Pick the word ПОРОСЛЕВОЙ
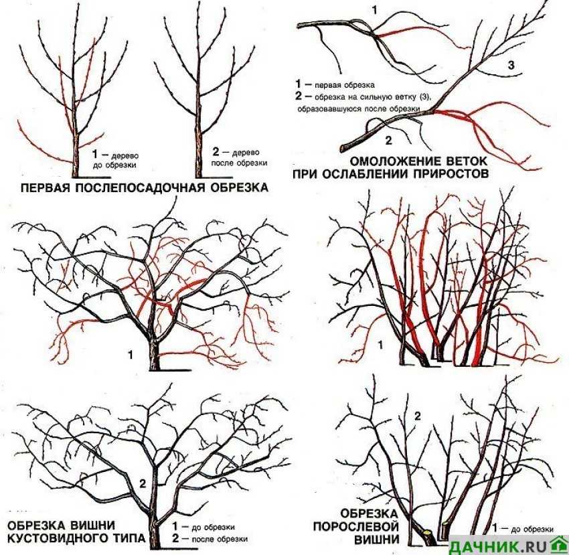[x=356, y=526]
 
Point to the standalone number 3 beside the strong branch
[x=511, y=66]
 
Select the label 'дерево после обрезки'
[x=240, y=157]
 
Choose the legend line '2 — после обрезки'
[x=210, y=539]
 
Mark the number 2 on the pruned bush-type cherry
[x=143, y=483]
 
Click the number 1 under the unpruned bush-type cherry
[x=131, y=355]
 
